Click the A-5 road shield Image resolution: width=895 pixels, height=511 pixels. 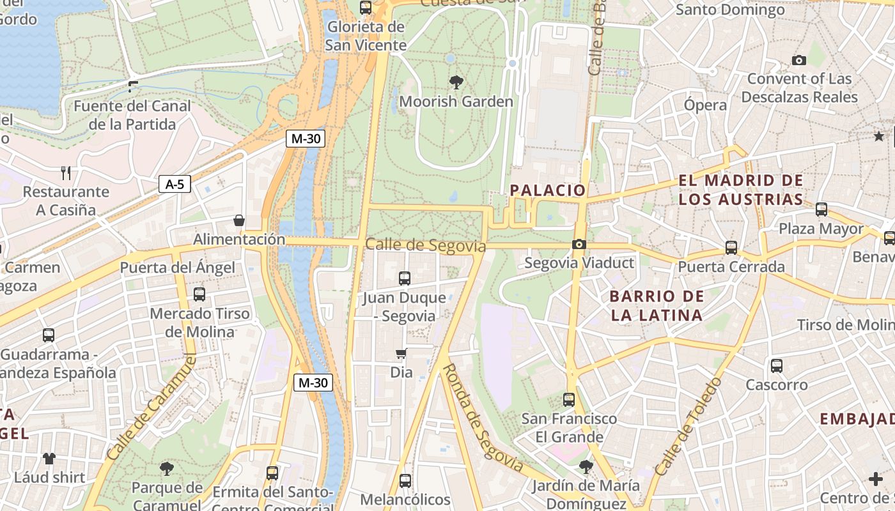click(x=175, y=185)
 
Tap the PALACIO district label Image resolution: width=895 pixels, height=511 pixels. click(x=548, y=190)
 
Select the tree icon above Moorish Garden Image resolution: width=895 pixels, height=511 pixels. click(x=456, y=82)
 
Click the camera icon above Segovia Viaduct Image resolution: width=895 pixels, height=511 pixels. click(x=579, y=244)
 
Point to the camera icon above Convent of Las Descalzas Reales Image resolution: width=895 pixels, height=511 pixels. click(x=798, y=60)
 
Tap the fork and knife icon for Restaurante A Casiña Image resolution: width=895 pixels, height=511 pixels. click(x=65, y=172)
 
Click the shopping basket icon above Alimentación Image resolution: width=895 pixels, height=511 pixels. click(x=239, y=220)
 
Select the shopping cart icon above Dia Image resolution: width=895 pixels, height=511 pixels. click(x=401, y=353)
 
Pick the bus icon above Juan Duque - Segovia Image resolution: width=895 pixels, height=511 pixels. click(x=404, y=278)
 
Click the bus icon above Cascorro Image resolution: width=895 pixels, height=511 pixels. click(x=776, y=366)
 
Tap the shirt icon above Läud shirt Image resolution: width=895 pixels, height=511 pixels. click(x=49, y=458)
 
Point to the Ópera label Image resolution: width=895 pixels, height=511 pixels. click(x=705, y=105)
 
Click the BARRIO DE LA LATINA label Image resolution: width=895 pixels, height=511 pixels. click(x=657, y=305)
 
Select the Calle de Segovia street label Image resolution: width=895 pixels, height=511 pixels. click(x=425, y=245)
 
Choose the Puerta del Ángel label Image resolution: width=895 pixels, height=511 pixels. click(x=177, y=268)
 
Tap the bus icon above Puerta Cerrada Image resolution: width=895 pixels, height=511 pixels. click(x=731, y=248)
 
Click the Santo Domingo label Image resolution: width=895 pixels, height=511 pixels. click(x=730, y=10)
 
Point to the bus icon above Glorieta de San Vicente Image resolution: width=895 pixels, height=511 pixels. click(x=366, y=8)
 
